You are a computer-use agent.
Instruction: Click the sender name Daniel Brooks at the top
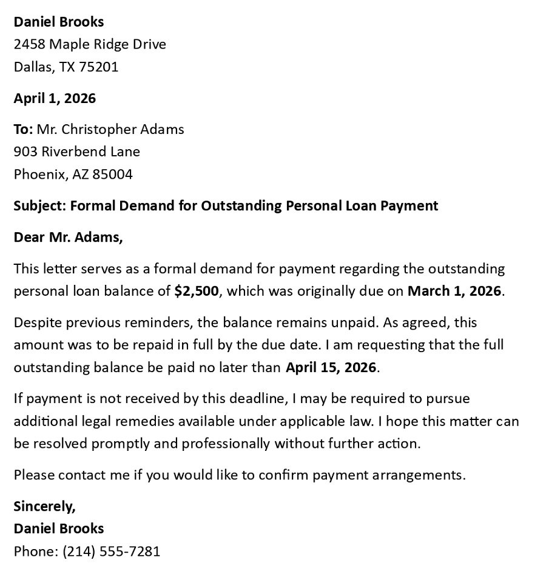59,22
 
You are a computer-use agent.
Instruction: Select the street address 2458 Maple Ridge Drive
90,44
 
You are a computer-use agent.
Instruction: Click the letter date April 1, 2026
55,98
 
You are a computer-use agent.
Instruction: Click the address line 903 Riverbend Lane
76,152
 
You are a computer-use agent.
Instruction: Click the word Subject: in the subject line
40,205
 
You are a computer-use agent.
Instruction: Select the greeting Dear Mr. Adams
68,237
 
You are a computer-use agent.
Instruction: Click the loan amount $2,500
196,291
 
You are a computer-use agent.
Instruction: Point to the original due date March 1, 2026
454,291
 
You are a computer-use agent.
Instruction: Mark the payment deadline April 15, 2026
331,367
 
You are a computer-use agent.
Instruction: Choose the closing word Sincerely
44,506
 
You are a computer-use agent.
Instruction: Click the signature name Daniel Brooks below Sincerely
59,528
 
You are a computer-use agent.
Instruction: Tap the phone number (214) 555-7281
111,551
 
